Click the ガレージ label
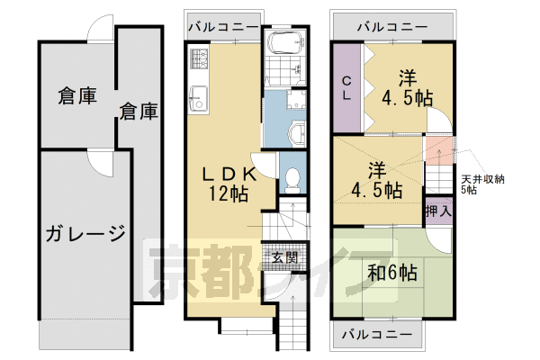tap(85, 236)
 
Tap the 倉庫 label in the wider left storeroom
tap(76, 94)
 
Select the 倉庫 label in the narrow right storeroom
tap(139, 112)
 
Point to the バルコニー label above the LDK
tap(222, 26)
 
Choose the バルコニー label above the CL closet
tap(391, 26)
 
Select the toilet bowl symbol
tap(291, 179)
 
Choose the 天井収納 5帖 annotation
tap(482, 184)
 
